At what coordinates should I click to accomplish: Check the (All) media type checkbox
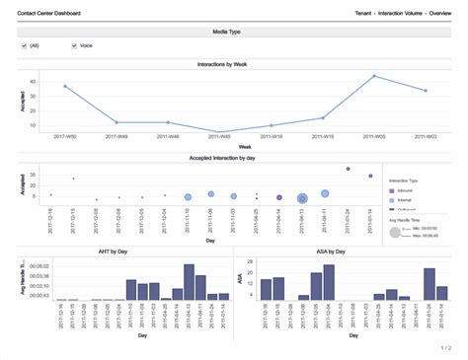click(x=25, y=45)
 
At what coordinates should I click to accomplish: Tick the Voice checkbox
click(x=74, y=45)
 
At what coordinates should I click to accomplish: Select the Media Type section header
click(x=233, y=32)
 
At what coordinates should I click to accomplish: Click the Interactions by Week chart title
click(x=233, y=63)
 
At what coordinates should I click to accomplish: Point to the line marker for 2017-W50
click(x=65, y=87)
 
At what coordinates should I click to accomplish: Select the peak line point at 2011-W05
click(x=374, y=76)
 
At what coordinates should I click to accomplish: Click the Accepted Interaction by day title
click(x=233, y=157)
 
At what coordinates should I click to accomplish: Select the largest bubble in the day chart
click(x=302, y=198)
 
